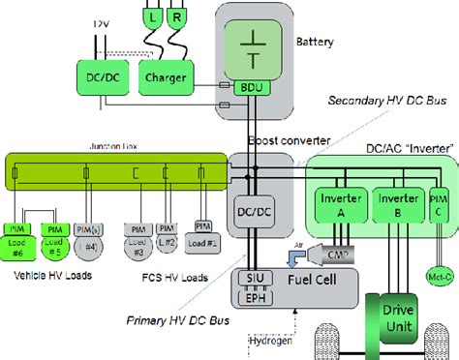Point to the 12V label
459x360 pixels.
[x=99, y=21]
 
